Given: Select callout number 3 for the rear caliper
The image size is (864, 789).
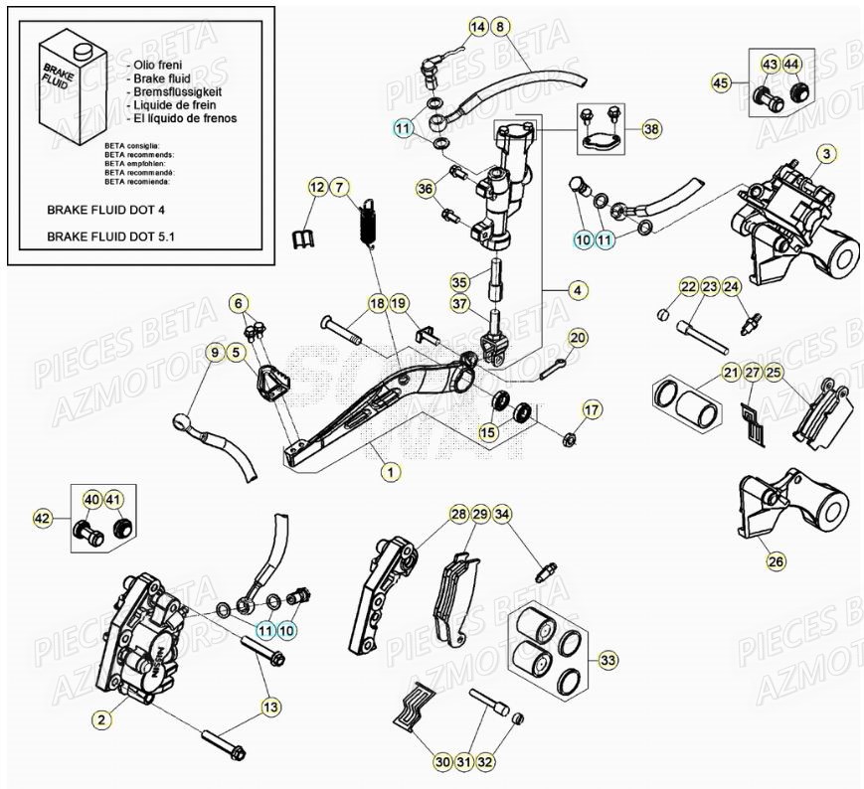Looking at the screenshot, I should coord(827,153).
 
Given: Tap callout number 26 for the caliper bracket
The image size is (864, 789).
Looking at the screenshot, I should coord(776,561).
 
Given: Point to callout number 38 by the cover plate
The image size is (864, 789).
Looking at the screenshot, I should coord(650,129).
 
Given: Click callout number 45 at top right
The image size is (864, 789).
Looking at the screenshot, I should coord(721,82).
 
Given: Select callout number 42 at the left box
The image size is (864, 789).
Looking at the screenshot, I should coord(42,518).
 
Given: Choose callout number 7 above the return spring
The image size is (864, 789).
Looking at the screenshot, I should coord(339,187).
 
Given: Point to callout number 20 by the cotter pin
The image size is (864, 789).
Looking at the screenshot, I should coord(579,338).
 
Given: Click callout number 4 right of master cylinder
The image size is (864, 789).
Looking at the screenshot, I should coord(577,290).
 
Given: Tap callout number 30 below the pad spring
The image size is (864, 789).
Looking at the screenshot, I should coord(442,762).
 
